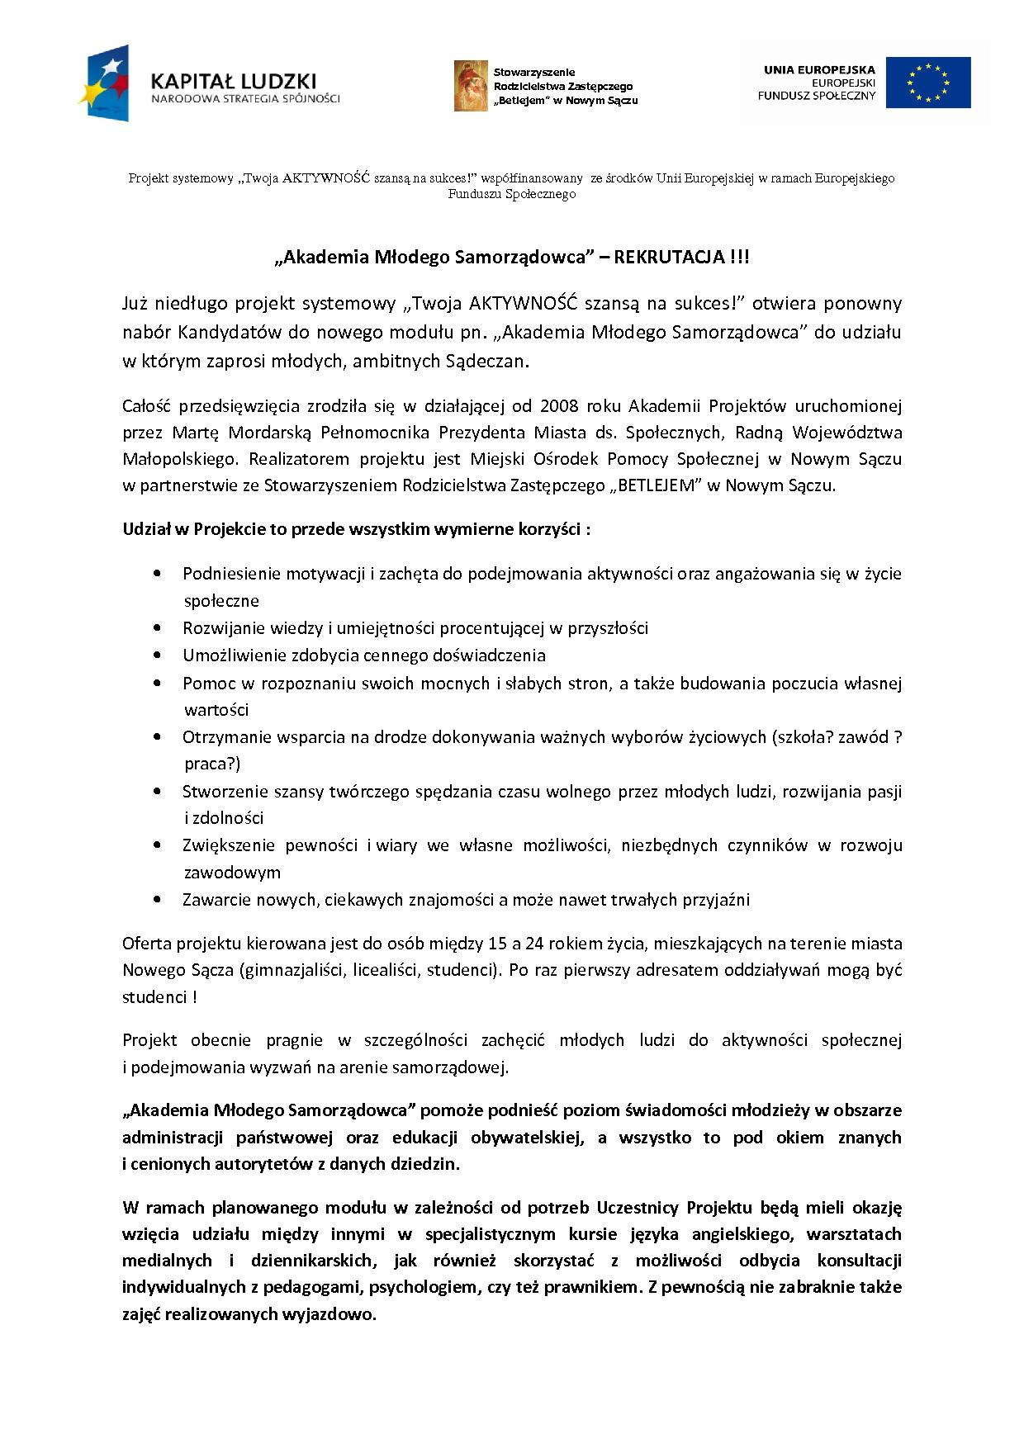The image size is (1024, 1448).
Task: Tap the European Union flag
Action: click(928, 83)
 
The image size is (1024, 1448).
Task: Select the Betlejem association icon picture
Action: click(471, 86)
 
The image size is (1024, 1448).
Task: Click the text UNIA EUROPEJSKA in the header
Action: click(819, 71)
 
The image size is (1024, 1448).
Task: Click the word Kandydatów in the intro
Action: click(217, 333)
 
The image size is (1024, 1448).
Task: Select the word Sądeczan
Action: click(486, 361)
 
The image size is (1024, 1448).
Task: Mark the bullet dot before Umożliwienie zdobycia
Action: click(157, 655)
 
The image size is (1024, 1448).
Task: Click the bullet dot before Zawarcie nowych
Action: click(157, 899)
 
